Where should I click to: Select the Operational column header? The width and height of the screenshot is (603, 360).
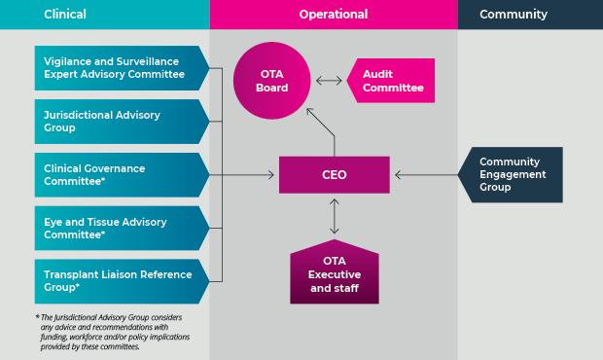point(334,15)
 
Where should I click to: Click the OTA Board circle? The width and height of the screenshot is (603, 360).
point(272,81)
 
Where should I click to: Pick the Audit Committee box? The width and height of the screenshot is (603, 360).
point(391,81)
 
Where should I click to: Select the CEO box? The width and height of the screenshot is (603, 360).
point(335,174)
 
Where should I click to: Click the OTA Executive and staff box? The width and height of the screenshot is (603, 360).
point(335,271)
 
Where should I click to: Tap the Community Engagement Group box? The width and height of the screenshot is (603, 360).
point(511,174)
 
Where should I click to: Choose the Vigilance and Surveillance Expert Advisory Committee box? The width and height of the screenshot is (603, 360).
point(122,68)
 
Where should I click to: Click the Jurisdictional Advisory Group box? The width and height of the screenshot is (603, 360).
point(122,122)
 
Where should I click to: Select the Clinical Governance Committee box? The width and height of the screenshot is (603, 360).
point(122,175)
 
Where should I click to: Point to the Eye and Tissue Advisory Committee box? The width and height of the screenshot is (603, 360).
point(122,228)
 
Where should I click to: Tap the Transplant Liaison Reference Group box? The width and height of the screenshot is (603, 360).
point(122,281)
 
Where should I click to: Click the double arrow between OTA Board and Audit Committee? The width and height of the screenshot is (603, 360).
point(329,81)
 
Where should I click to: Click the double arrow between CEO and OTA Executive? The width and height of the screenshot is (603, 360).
point(335,216)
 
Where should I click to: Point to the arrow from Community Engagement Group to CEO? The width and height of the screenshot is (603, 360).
point(427,175)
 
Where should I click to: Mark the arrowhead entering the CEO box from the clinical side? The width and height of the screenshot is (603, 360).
point(271,175)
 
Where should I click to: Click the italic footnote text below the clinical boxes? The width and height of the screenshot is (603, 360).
point(114,332)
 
